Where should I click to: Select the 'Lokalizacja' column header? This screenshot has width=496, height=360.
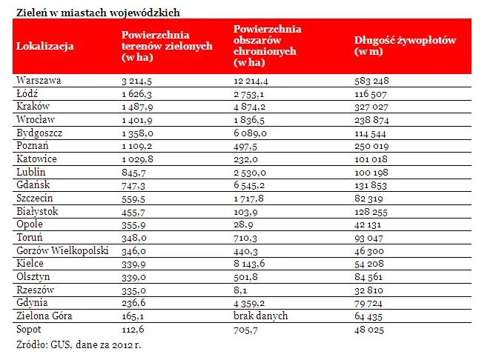coord(44,47)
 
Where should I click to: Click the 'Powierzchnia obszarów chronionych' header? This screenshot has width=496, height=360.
coord(265,46)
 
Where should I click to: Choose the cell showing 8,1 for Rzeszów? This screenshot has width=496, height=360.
coord(239,291)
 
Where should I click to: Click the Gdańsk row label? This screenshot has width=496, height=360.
coord(33,185)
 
